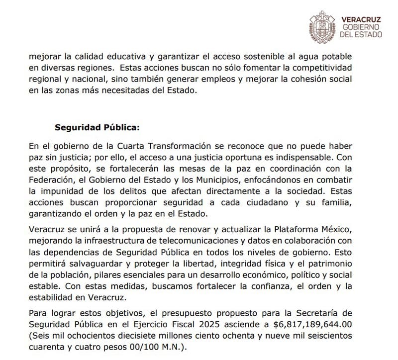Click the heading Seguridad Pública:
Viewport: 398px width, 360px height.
[x=98, y=127]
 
